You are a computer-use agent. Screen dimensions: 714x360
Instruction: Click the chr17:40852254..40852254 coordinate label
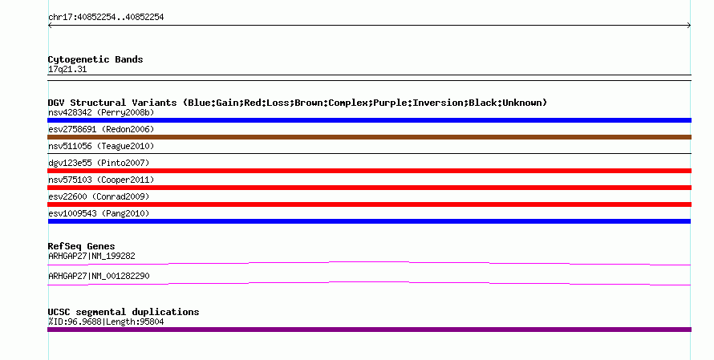(x=106, y=18)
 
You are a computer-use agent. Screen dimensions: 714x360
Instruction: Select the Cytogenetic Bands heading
(x=95, y=59)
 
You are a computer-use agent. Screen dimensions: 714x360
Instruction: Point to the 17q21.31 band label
(x=67, y=70)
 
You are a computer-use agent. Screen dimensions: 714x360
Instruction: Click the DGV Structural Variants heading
(x=298, y=103)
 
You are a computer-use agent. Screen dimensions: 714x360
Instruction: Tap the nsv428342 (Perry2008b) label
(x=101, y=112)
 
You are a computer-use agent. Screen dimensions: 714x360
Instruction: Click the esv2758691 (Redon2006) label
(x=101, y=129)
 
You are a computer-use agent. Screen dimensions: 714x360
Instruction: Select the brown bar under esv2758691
(x=369, y=137)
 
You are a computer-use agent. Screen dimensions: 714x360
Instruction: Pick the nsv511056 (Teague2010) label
(x=101, y=146)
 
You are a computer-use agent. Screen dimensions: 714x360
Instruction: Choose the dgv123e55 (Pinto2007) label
(x=99, y=163)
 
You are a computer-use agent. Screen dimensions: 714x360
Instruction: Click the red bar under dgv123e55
(x=369, y=171)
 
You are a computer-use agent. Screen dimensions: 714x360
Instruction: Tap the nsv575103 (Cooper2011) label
(x=101, y=180)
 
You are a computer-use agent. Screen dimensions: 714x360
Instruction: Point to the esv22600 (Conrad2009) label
(x=99, y=196)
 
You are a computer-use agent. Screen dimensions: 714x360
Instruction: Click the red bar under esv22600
(x=369, y=204)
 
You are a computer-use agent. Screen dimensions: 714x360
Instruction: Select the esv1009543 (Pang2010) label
(x=99, y=213)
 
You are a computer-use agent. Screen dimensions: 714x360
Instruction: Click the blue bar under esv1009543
(x=369, y=221)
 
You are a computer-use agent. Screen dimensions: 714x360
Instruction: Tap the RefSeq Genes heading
(x=82, y=247)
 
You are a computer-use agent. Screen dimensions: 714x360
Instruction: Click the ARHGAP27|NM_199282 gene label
(x=91, y=257)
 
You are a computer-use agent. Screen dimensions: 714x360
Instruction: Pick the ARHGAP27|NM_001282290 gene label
(x=99, y=277)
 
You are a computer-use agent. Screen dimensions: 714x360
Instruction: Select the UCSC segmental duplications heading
(x=124, y=312)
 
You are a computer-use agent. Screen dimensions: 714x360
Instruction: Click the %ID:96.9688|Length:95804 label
(x=106, y=322)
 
